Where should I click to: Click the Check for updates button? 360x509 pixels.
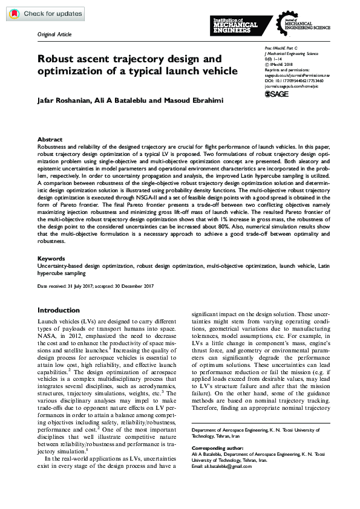45,13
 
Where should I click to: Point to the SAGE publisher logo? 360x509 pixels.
277,94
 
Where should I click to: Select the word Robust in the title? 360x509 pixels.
56,59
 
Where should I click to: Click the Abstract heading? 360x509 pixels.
50,139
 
